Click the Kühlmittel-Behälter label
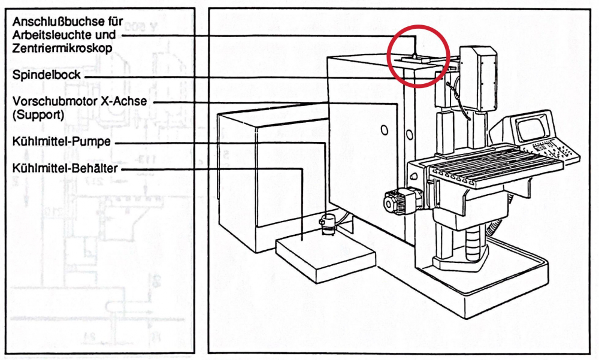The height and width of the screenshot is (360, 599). tap(65, 168)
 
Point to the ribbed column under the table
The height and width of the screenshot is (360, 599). tap(473, 243)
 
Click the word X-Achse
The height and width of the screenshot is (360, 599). tap(125, 101)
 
